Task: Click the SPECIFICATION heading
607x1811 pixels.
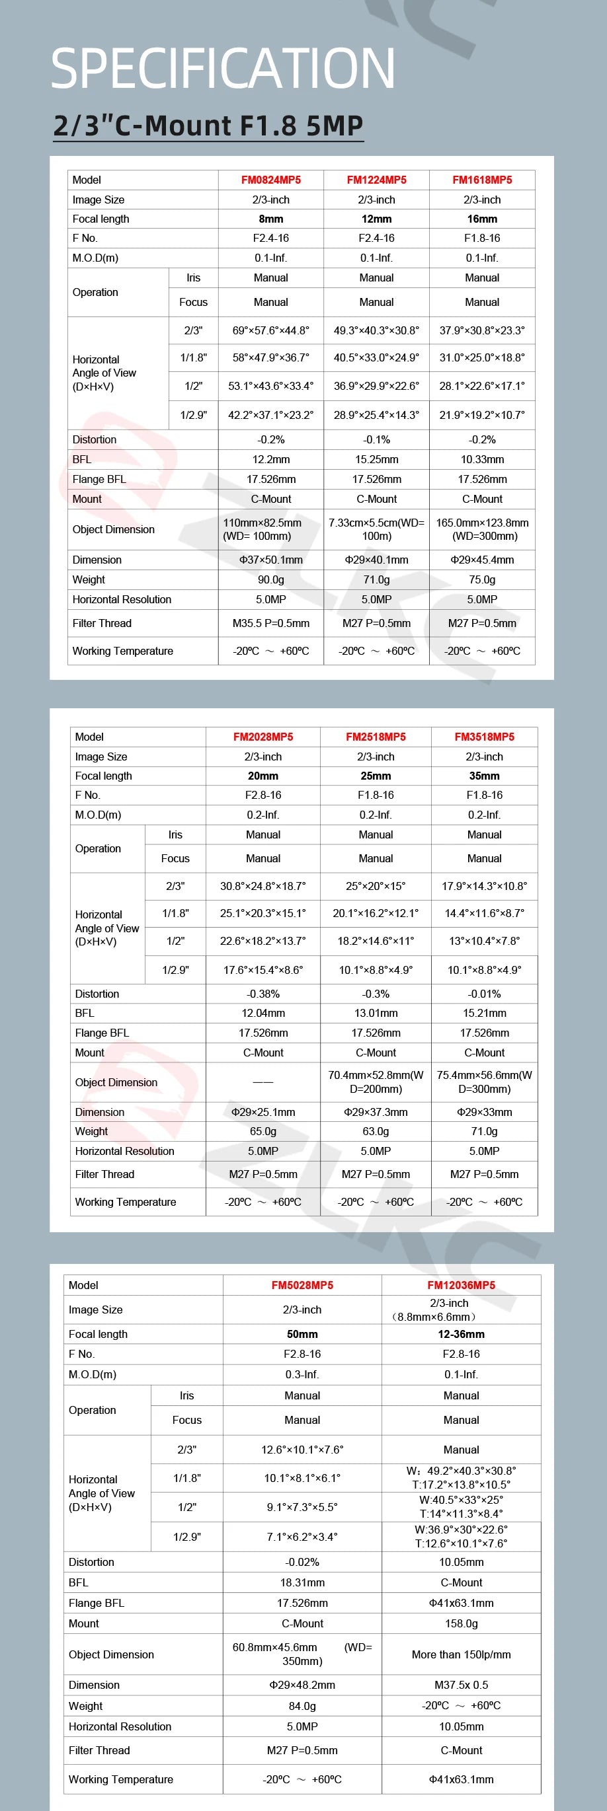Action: [x=222, y=68]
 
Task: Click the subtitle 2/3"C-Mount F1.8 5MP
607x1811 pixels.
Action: [x=208, y=126]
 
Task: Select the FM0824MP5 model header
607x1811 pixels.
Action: [x=271, y=180]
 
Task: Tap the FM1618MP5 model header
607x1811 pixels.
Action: [x=482, y=180]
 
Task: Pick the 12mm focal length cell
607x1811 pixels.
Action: [x=376, y=219]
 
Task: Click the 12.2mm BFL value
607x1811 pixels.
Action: [x=271, y=459]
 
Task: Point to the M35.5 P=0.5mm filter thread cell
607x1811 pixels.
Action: [x=271, y=623]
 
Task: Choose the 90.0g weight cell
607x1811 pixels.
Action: [x=271, y=579]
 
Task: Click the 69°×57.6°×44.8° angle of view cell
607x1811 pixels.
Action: [x=271, y=330]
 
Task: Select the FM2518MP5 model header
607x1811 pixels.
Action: [x=376, y=737]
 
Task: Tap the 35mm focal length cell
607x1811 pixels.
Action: [x=484, y=776]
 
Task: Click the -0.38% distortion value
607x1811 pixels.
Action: [x=263, y=994]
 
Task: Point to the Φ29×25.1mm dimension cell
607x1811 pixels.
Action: [x=263, y=1111]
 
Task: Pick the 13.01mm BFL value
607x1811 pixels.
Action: [x=376, y=1013]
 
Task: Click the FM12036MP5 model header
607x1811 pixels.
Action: [x=461, y=1285]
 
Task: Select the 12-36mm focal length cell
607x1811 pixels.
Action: [x=461, y=1334]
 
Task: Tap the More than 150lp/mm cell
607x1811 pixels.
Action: [x=461, y=1654]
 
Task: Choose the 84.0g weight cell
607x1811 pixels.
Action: [x=302, y=1705]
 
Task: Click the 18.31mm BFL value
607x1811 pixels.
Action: [x=302, y=1582]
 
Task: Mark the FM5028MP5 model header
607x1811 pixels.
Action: [x=302, y=1285]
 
